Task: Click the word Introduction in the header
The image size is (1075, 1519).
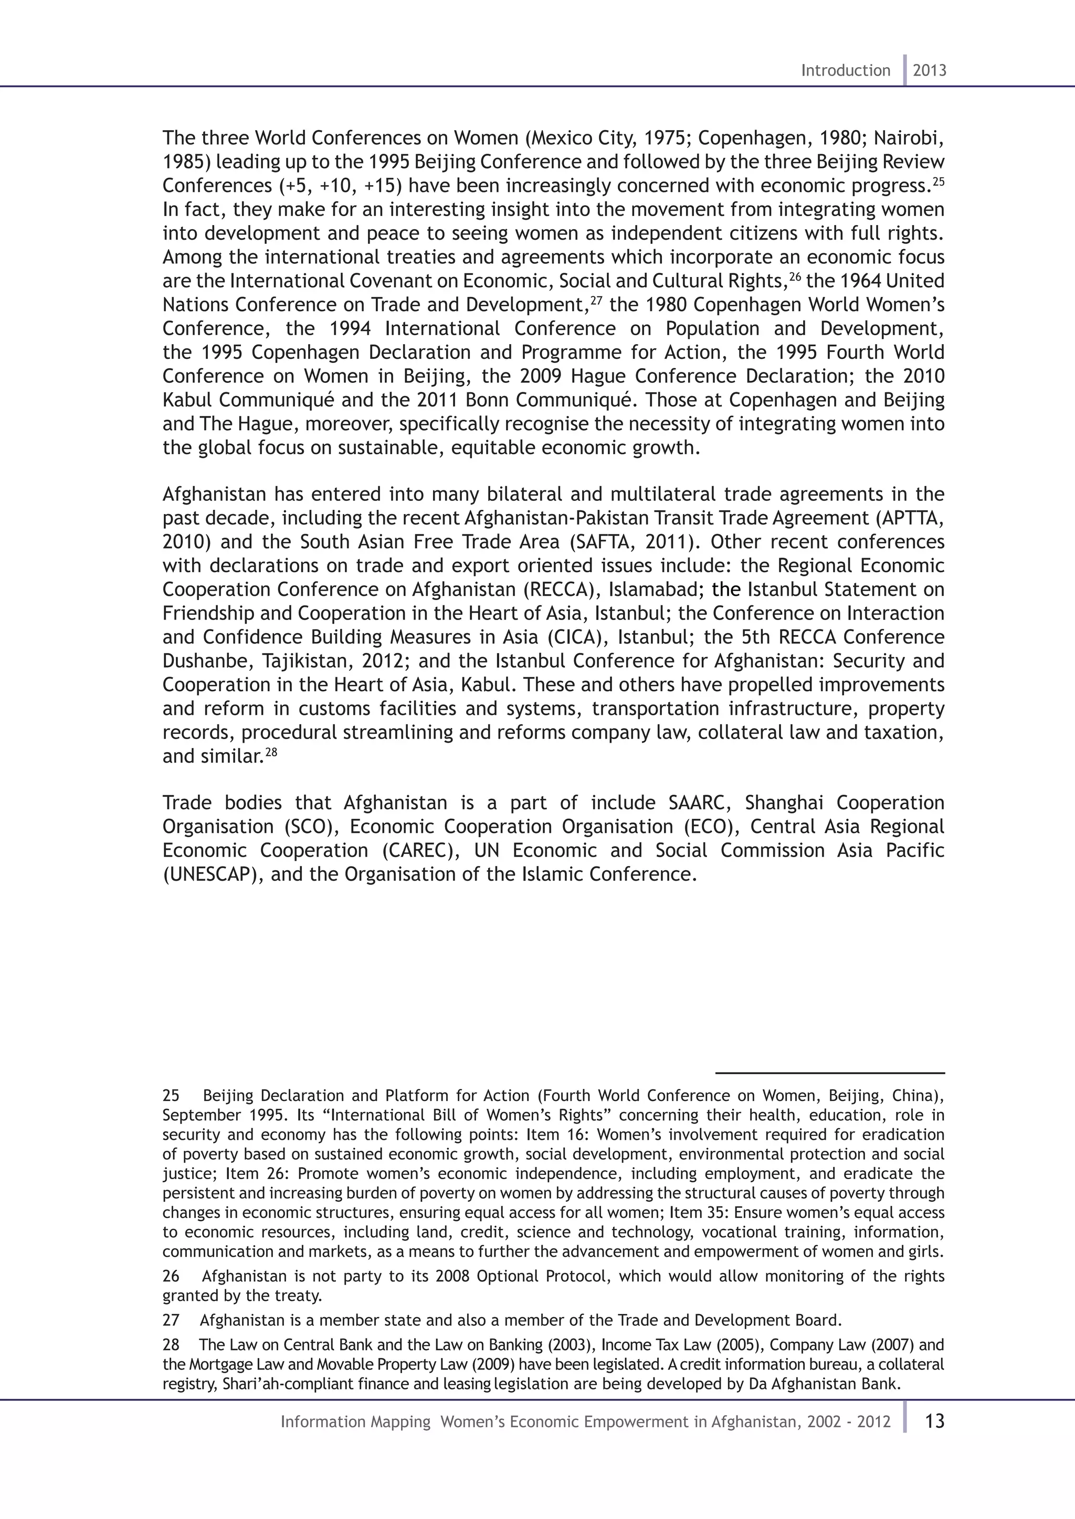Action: pos(845,70)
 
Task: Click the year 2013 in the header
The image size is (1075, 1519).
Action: pos(930,70)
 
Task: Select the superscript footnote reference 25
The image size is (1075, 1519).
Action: pos(939,180)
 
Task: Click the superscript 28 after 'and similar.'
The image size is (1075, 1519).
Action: pos(271,751)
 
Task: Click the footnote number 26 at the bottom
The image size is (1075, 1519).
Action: pos(171,1276)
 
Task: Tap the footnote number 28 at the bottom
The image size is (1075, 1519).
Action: pos(171,1345)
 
